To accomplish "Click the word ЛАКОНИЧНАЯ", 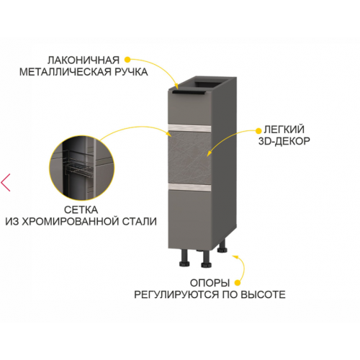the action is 84,60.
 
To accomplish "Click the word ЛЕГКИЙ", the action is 284,130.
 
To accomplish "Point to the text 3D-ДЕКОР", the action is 284,141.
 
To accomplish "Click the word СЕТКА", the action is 81,210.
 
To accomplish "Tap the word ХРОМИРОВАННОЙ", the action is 71,221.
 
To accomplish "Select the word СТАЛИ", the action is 140,221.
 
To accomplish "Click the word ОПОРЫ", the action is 210,283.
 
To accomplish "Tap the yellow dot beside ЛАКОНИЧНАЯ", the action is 127,60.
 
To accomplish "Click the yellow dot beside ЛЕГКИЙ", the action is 258,131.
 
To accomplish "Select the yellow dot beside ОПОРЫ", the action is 238,283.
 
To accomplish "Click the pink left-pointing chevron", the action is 5,183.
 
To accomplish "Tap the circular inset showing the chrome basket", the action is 81,168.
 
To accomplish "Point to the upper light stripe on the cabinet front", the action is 189,128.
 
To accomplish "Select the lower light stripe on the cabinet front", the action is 189,187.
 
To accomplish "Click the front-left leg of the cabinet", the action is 184,258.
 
